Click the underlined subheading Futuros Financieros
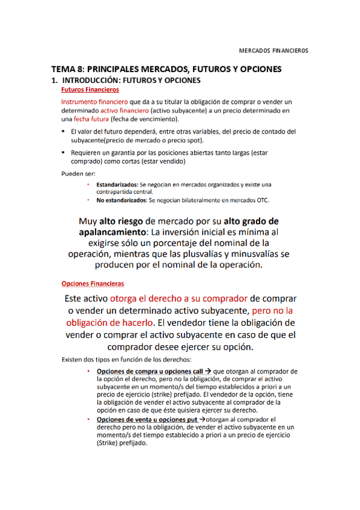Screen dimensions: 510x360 (x=90, y=89)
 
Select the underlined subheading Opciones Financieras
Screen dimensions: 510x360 (x=93, y=283)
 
